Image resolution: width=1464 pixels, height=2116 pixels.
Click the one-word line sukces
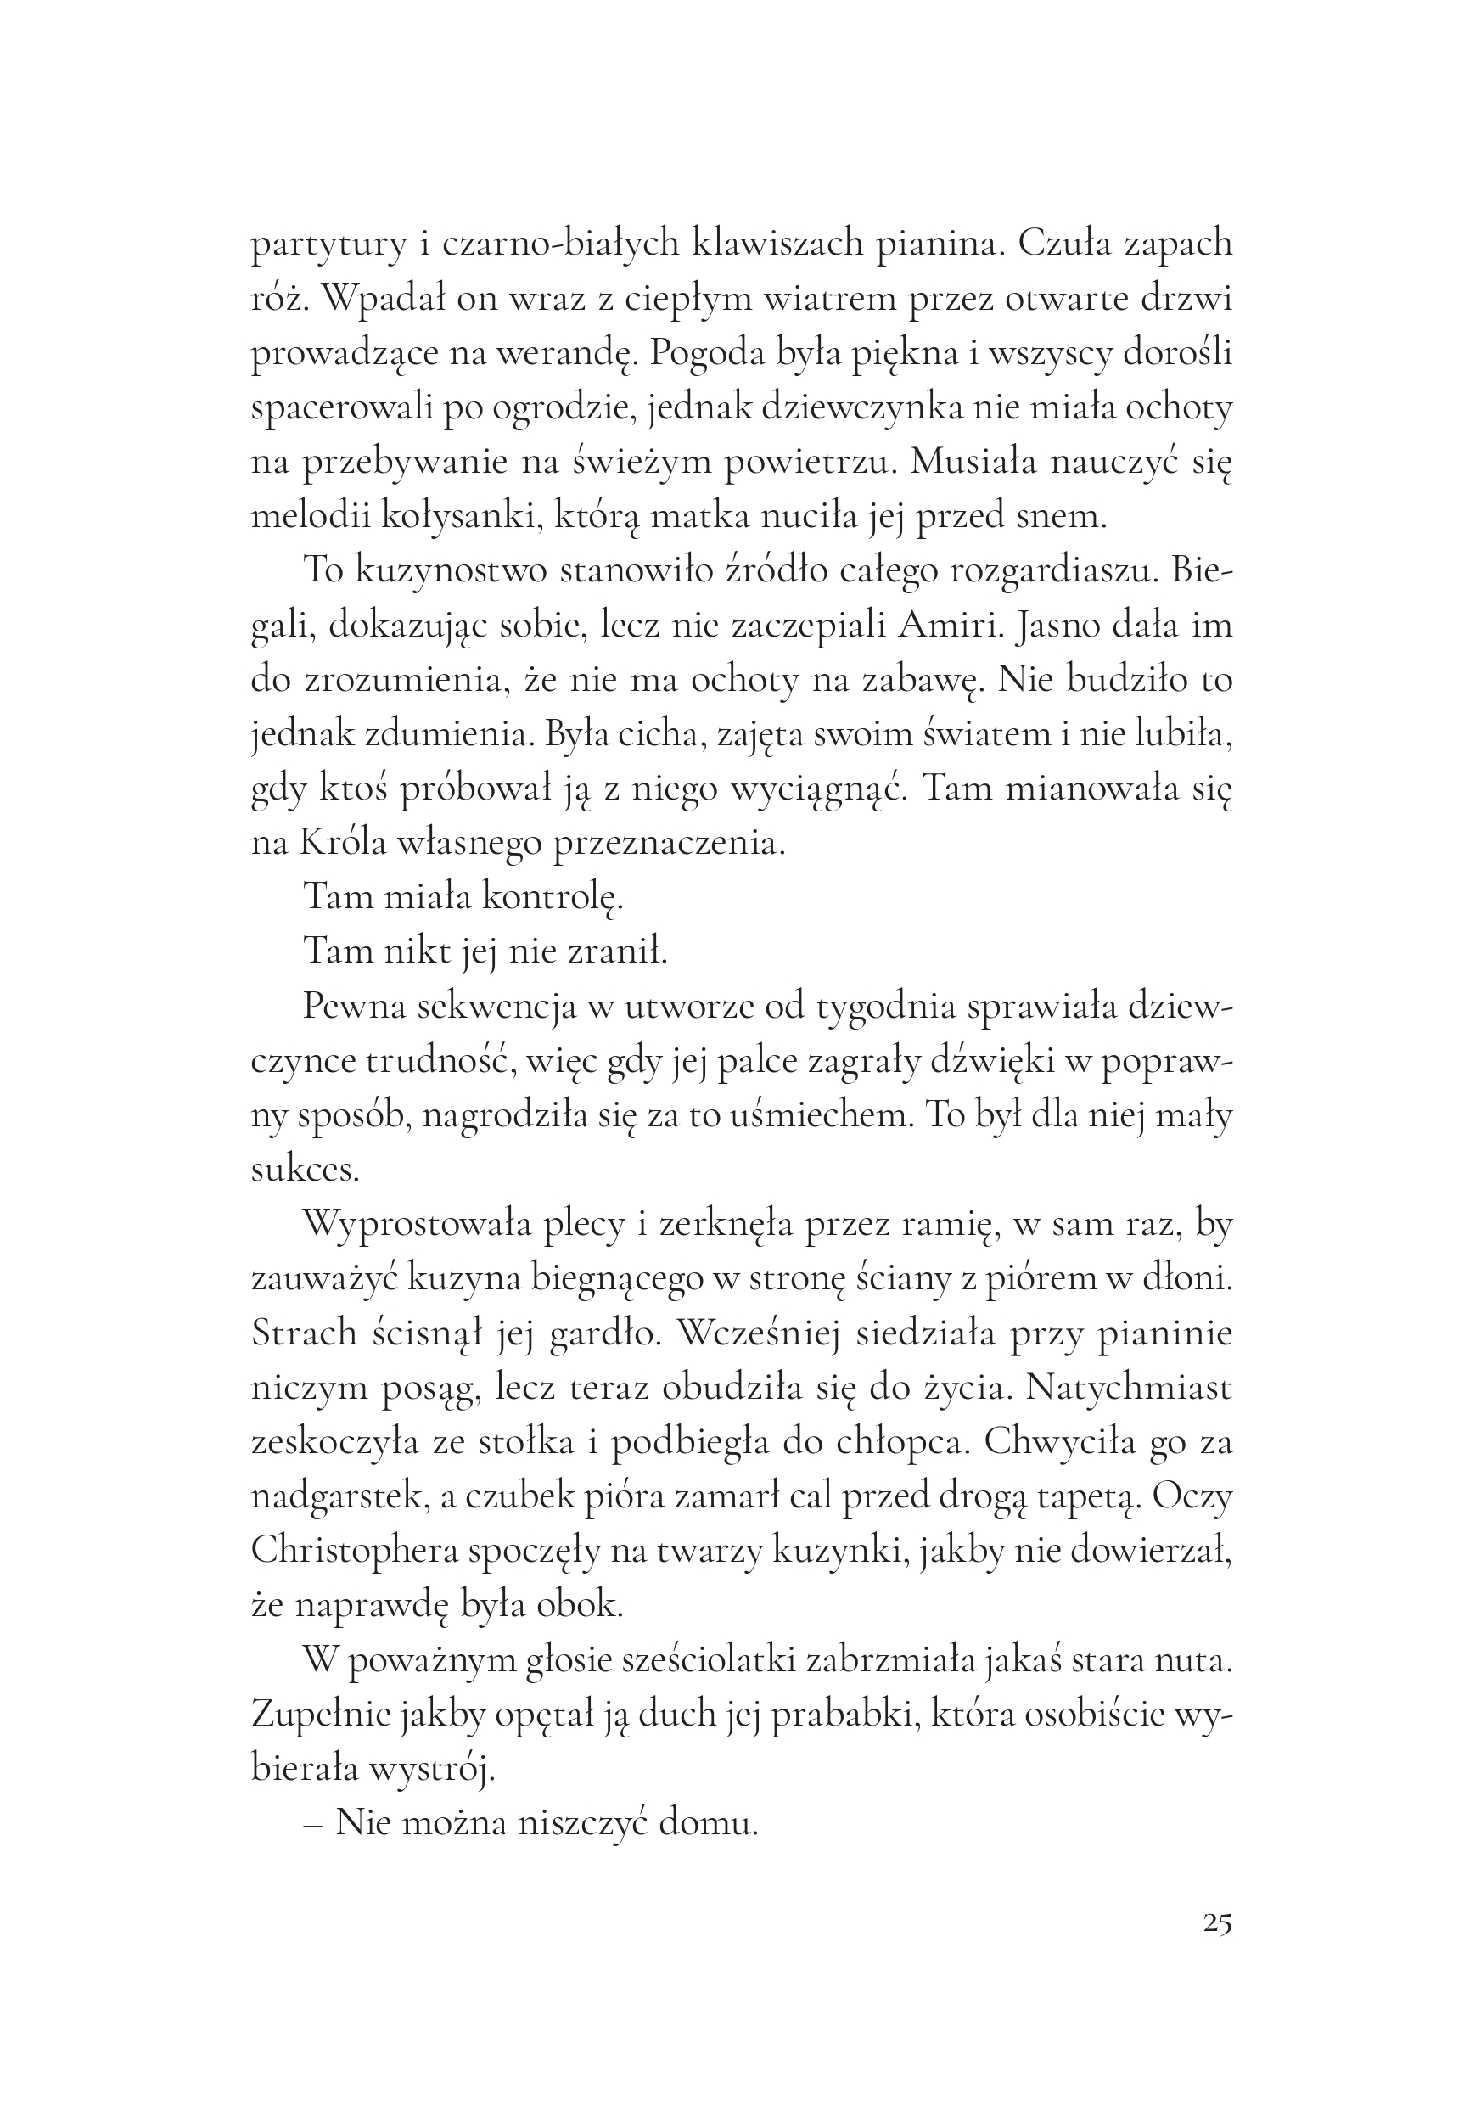(x=306, y=1170)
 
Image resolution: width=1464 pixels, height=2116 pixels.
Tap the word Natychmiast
(x=1129, y=1388)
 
